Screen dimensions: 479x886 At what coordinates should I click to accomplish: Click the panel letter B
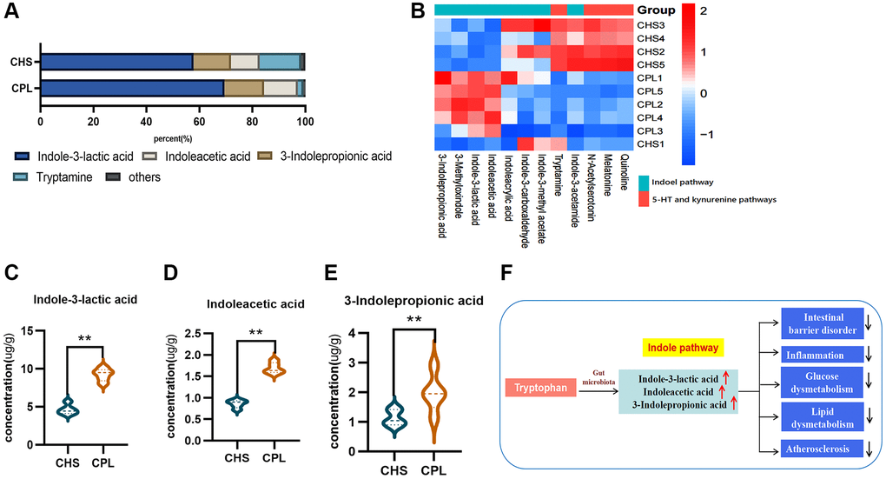pyautogui.click(x=416, y=12)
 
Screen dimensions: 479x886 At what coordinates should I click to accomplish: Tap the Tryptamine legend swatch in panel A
pyautogui.click(x=24, y=176)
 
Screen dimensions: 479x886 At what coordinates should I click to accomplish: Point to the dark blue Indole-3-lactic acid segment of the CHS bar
pyautogui.click(x=116, y=62)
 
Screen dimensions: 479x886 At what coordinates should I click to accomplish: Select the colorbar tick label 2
pyautogui.click(x=703, y=12)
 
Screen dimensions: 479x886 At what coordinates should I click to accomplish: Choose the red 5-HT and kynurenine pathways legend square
pyautogui.click(x=645, y=200)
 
